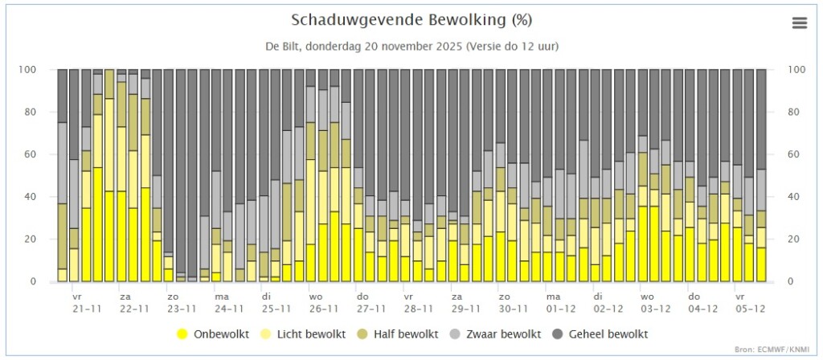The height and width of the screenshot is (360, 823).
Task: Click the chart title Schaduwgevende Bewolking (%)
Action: (411, 20)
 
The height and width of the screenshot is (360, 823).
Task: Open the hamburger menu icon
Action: (800, 23)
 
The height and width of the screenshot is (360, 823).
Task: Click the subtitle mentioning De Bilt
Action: (412, 46)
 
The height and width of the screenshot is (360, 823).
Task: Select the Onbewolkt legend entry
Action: (213, 333)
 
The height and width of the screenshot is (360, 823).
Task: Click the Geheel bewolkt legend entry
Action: (600, 333)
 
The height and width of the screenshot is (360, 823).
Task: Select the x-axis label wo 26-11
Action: (324, 302)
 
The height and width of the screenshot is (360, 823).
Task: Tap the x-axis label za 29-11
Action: (466, 302)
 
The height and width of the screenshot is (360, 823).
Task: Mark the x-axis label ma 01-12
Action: (560, 302)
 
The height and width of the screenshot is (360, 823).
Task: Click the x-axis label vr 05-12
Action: (750, 302)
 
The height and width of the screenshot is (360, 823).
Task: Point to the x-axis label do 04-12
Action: (702, 302)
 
